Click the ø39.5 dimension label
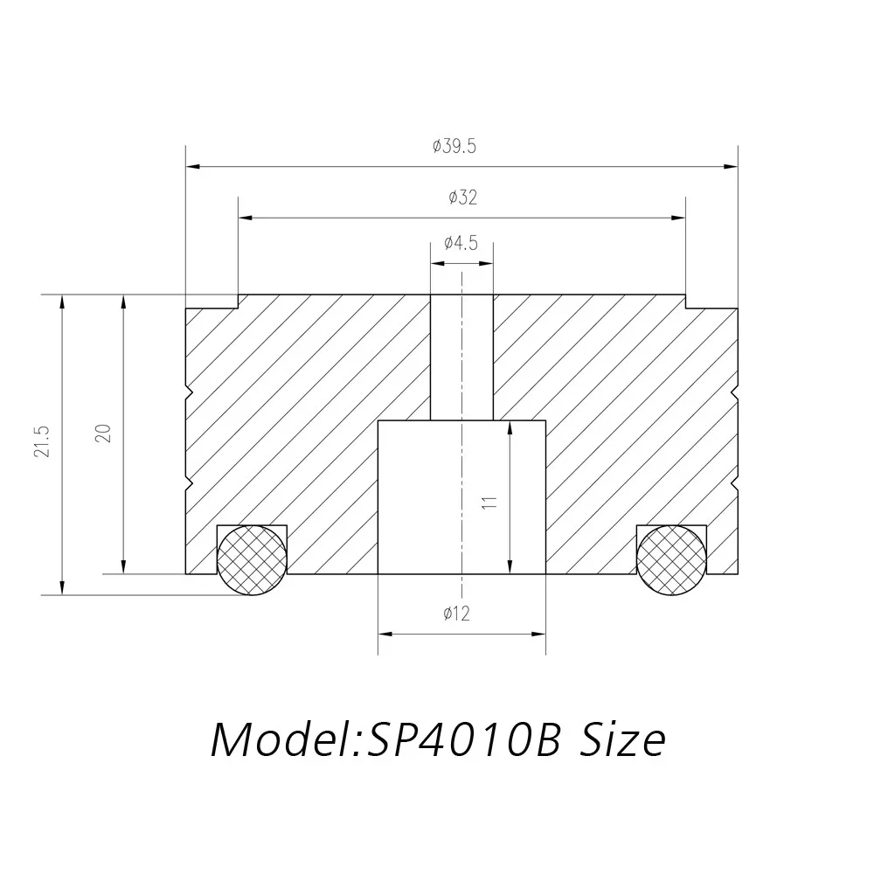[x=454, y=147]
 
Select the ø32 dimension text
[x=462, y=198]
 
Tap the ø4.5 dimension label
[x=461, y=243]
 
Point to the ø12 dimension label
[x=456, y=614]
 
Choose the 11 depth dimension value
[x=489, y=502]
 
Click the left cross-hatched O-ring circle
[x=252, y=559]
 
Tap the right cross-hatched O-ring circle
[x=671, y=559]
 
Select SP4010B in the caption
[x=463, y=740]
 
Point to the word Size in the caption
[x=622, y=740]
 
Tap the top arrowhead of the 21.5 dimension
[x=62, y=301]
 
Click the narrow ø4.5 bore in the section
[x=461, y=358]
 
